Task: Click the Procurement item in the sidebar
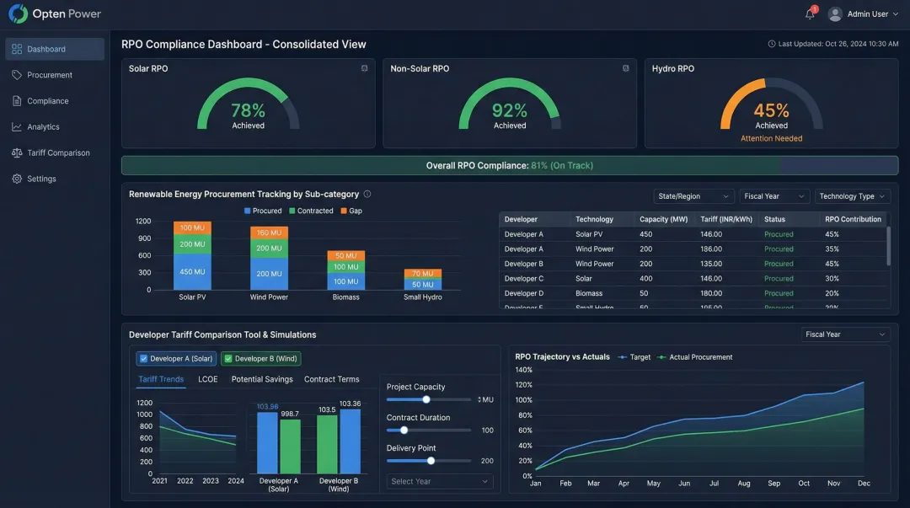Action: click(x=49, y=75)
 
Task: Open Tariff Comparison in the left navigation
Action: click(x=57, y=152)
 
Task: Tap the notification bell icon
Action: click(x=810, y=13)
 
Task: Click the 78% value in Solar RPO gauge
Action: click(x=248, y=110)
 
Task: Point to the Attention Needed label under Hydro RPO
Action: click(x=771, y=138)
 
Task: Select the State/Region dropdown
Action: click(x=693, y=196)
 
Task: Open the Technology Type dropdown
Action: click(x=853, y=196)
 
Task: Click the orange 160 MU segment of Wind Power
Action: click(x=269, y=233)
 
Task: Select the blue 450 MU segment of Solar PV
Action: click(x=192, y=272)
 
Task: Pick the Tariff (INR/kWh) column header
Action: click(x=726, y=219)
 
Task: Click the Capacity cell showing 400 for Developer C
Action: click(x=645, y=278)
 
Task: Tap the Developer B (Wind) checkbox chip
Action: click(x=260, y=358)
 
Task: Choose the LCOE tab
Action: click(x=207, y=379)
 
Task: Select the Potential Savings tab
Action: click(x=262, y=379)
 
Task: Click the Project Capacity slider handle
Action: click(x=426, y=399)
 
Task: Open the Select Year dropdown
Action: click(x=439, y=481)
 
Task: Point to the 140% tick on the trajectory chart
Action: click(x=523, y=370)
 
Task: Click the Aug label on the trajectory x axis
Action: click(x=744, y=484)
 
